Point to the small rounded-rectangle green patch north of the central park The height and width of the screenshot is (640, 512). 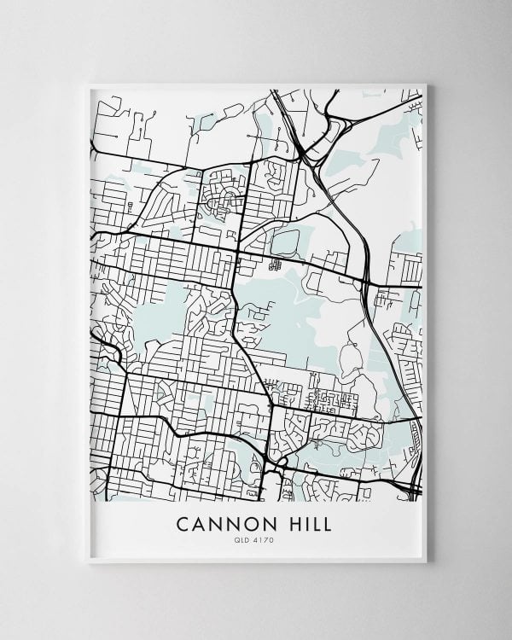[x=286, y=242]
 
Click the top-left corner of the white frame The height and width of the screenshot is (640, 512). [x=89, y=83]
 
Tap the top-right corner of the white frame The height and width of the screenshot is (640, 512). [x=426, y=83]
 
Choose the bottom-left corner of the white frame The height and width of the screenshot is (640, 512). [x=89, y=562]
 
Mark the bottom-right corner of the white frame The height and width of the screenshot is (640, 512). [x=426, y=562]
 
